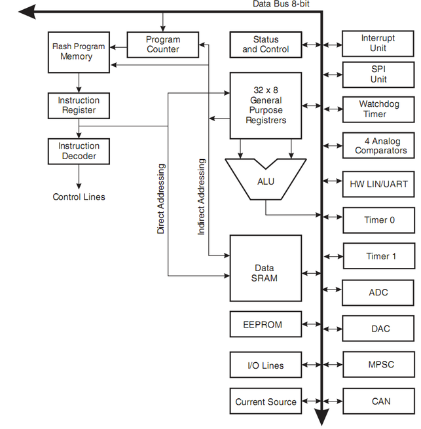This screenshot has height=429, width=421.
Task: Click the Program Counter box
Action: pos(162,45)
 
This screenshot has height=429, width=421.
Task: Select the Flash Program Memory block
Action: pos(79,52)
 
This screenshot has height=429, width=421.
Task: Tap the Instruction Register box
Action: pos(79,105)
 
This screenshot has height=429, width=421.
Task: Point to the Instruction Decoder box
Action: pos(79,151)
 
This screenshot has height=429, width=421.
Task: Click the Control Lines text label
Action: pos(79,196)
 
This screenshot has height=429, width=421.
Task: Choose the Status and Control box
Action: pos(265,45)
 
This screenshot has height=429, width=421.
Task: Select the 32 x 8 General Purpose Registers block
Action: pos(265,105)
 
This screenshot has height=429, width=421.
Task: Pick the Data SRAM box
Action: pos(265,273)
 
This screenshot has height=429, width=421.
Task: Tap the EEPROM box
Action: pos(265,324)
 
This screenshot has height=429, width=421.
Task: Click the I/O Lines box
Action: pos(265,365)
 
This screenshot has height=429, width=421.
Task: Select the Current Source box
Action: pos(265,401)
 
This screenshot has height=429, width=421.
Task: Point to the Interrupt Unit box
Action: pos(378,43)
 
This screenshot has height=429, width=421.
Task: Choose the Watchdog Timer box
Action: pos(378,109)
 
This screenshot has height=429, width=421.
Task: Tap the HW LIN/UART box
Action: pos(378,184)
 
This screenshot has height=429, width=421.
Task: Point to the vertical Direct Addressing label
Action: pos(161,199)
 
